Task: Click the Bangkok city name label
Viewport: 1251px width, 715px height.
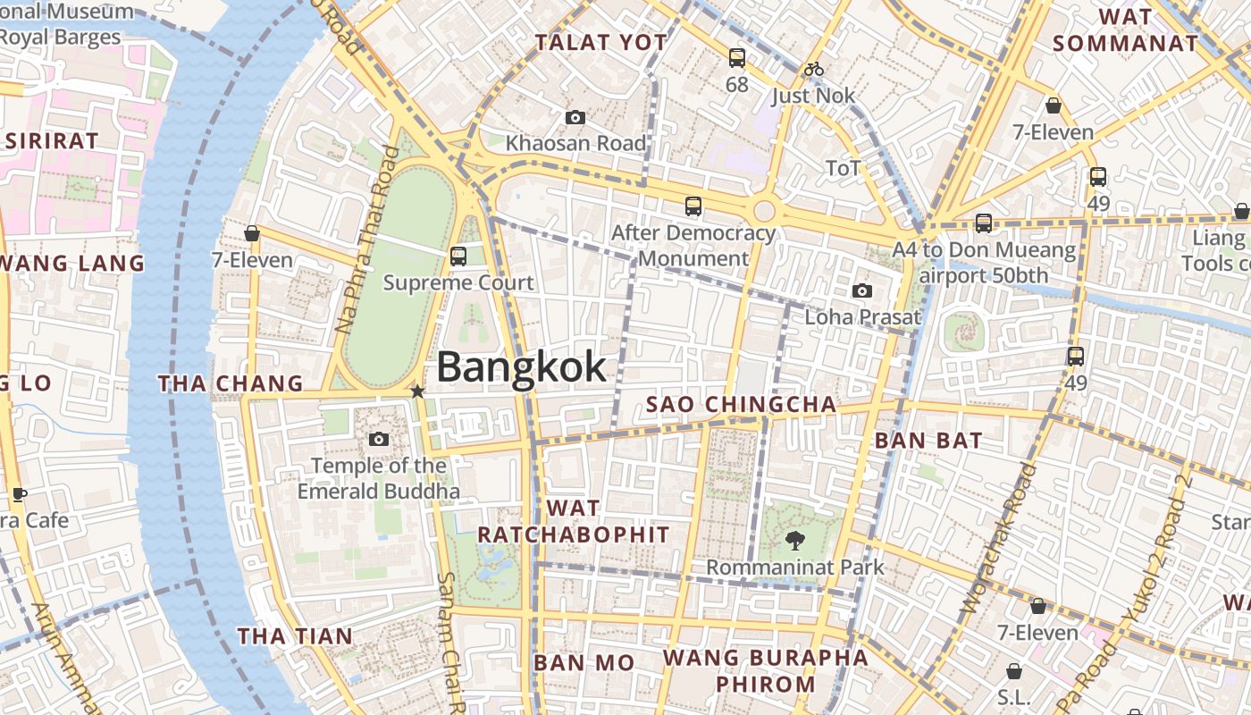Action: click(521, 368)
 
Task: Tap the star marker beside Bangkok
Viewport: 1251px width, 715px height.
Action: click(417, 391)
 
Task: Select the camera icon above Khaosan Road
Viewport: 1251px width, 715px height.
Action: click(575, 118)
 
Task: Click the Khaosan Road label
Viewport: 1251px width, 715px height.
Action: click(575, 143)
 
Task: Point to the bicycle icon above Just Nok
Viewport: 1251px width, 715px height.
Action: click(813, 69)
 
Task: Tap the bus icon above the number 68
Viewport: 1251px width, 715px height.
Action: click(736, 58)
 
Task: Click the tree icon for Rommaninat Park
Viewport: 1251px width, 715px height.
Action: click(793, 540)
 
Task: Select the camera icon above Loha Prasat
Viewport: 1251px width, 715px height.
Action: click(862, 290)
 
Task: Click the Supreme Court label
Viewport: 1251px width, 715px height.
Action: click(458, 282)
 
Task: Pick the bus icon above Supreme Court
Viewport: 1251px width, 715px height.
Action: click(458, 257)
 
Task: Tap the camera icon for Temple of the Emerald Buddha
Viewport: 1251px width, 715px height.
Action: click(379, 439)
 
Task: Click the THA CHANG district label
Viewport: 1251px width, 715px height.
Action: click(231, 383)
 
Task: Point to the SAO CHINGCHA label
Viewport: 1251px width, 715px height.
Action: click(741, 405)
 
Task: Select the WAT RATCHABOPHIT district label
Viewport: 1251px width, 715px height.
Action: click(573, 521)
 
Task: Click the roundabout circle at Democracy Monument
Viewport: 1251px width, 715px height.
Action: click(764, 211)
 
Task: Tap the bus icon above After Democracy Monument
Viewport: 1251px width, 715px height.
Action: click(693, 206)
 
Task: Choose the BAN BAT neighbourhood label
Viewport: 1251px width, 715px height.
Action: click(928, 440)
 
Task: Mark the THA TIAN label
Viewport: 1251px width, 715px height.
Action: click(295, 636)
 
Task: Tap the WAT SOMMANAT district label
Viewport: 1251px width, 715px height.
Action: click(1125, 29)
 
